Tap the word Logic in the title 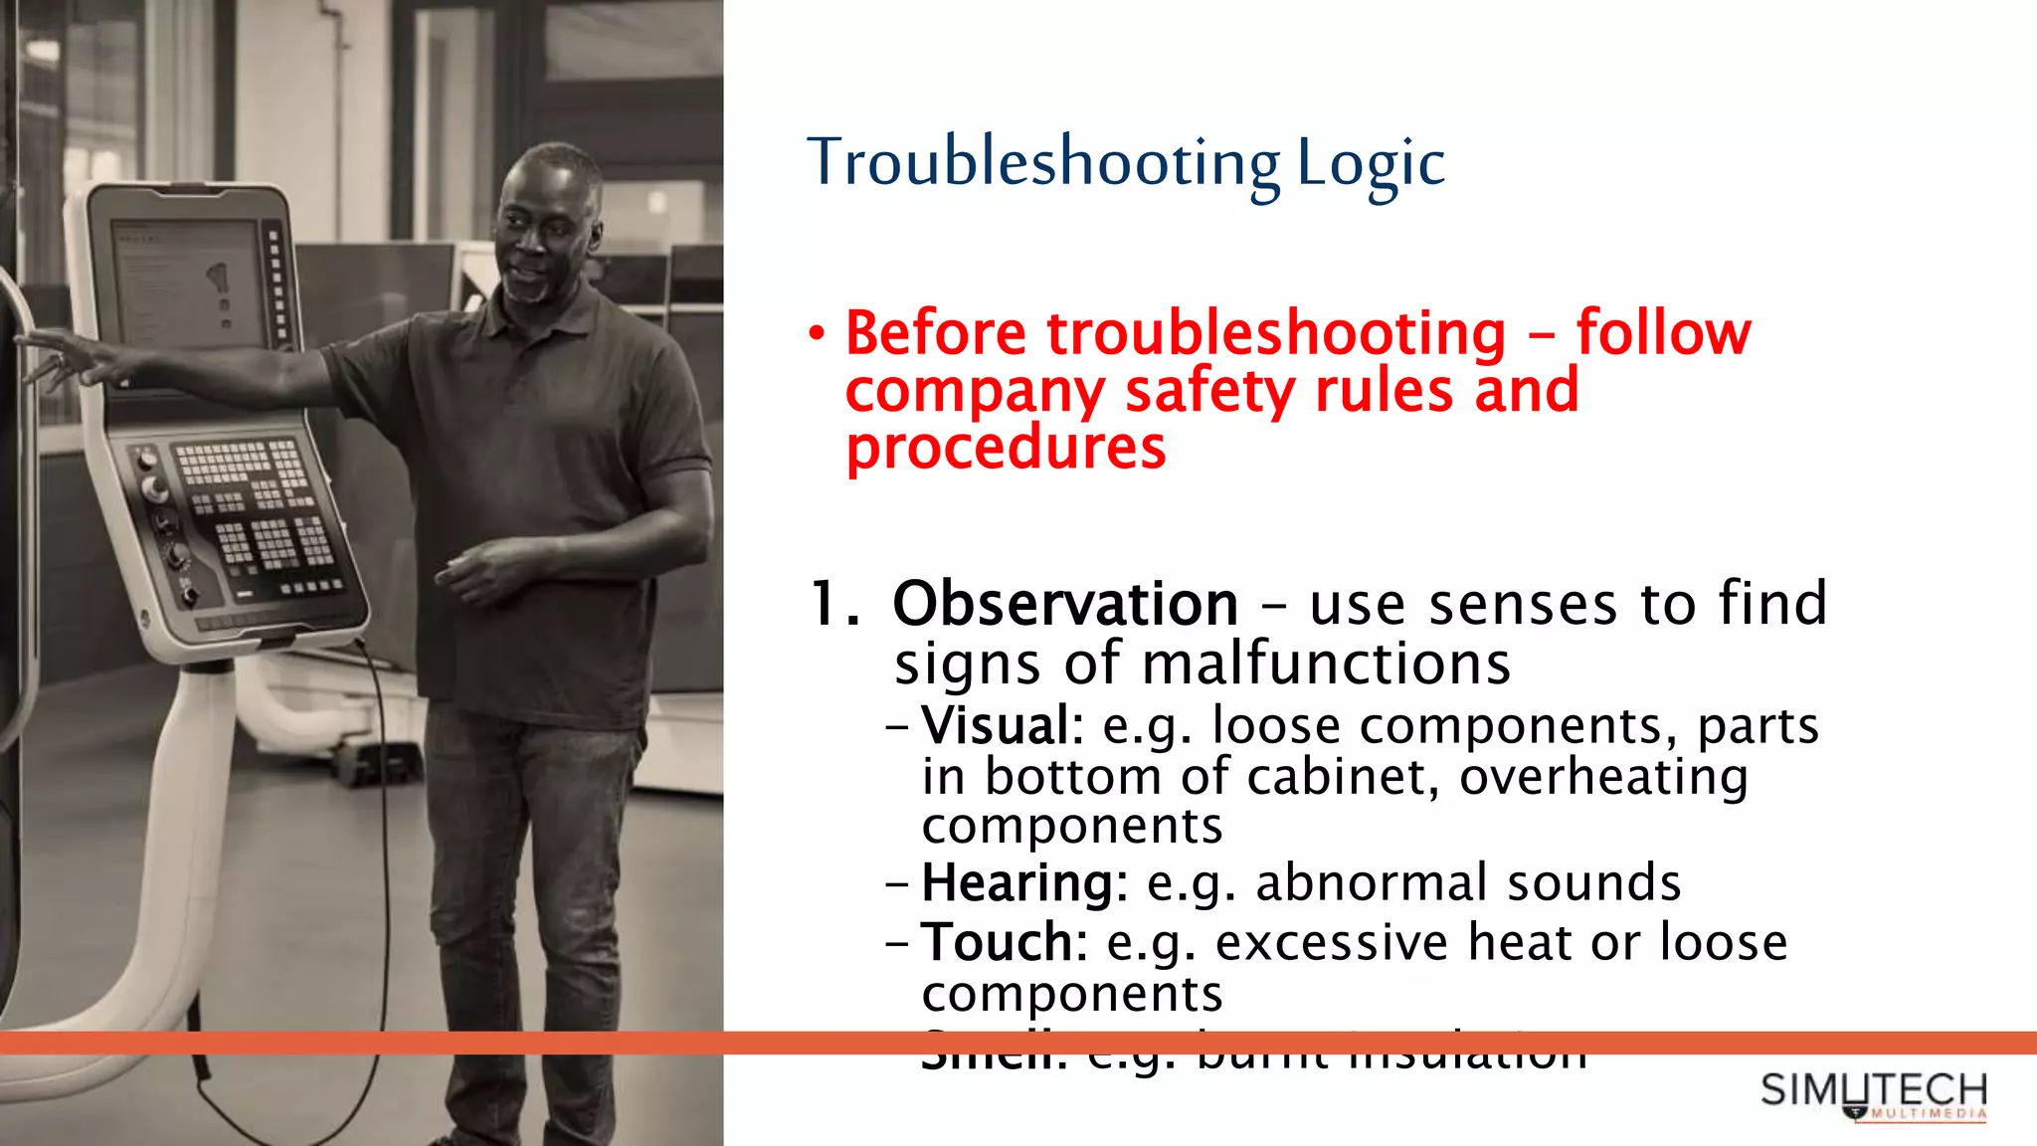tap(1371, 164)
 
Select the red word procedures tap(1006, 448)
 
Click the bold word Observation tap(1065, 604)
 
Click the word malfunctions tap(1327, 664)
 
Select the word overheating tap(1603, 777)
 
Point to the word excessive tap(1332, 942)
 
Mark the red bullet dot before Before tap(817, 333)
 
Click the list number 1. tap(832, 604)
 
